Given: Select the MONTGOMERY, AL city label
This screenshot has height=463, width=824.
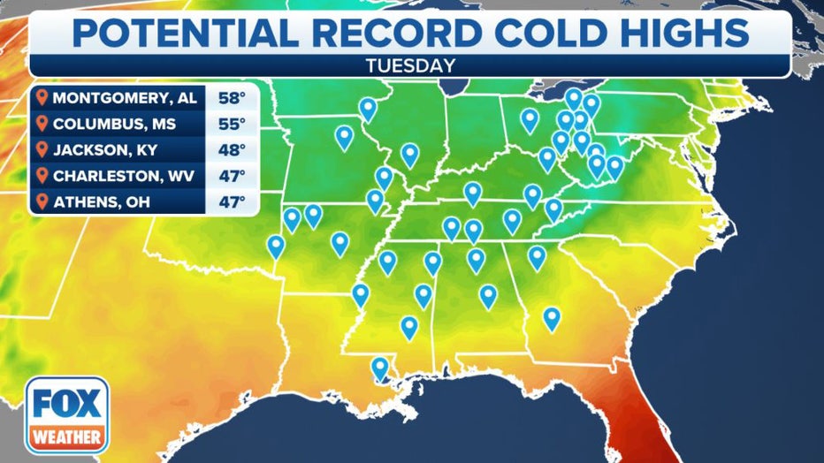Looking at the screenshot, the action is coord(125,97).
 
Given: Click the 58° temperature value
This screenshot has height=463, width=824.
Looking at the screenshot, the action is coord(231,97).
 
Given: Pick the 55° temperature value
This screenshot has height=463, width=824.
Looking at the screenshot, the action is coord(231,124).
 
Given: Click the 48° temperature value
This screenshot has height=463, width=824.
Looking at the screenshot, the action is coord(231,150).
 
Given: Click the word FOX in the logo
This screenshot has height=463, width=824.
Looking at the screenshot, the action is coord(66,406).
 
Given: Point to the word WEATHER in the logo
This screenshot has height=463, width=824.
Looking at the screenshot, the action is coord(66,436).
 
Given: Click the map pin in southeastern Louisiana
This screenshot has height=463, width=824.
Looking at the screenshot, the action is coord(380,367).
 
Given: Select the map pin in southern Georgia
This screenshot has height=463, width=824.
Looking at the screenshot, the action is coord(552,317).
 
